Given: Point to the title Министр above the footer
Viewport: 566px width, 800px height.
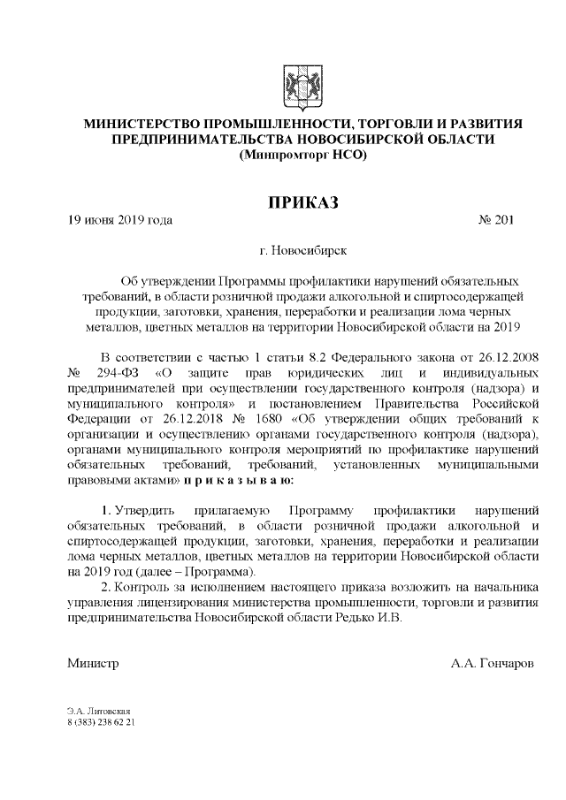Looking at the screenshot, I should [x=93, y=662].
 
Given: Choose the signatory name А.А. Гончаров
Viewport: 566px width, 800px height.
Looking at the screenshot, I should [x=492, y=662].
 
